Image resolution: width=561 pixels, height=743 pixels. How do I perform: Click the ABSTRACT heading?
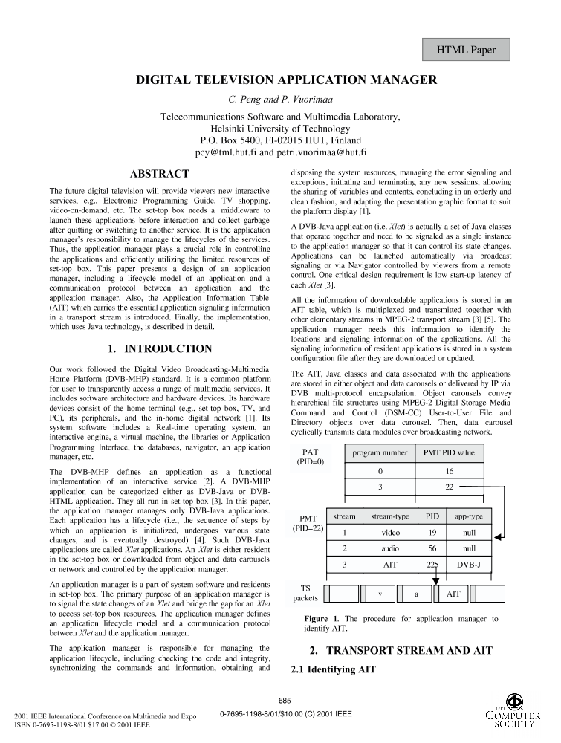159,174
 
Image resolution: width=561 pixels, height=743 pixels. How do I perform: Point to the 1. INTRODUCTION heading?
160,348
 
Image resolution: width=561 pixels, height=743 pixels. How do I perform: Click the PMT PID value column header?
448,452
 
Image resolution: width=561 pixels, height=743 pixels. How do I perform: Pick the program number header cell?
380,452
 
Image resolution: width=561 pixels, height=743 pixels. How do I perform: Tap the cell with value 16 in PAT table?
450,471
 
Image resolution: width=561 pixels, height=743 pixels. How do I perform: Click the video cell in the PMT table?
390,532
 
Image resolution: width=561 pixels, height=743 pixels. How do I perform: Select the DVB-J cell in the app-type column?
469,564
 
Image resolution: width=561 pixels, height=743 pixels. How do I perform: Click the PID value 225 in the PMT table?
432,564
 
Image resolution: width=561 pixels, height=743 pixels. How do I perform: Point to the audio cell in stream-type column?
390,548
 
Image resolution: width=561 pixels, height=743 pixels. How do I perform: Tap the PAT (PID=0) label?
310,457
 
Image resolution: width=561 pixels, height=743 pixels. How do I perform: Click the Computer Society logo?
513,713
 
